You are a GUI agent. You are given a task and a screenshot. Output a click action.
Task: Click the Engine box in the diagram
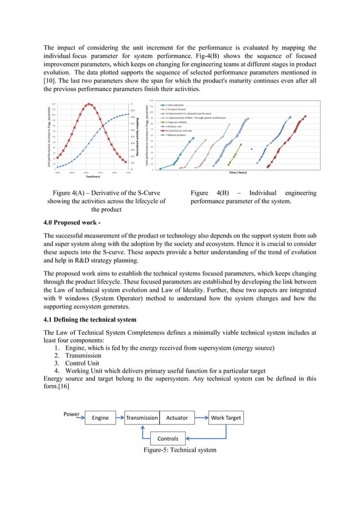point(100,418)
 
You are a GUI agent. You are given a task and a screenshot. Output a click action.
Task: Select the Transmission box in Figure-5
point(142,418)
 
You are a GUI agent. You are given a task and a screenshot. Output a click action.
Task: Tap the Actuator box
point(177,418)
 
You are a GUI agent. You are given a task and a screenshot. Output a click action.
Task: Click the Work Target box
point(226,418)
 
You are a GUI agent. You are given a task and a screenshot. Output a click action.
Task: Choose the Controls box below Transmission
point(168,438)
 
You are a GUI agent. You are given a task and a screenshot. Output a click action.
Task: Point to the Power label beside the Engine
point(72,414)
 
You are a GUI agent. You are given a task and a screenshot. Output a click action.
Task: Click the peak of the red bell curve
point(89,104)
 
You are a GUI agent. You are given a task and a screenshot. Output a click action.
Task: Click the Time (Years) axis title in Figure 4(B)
point(240,172)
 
